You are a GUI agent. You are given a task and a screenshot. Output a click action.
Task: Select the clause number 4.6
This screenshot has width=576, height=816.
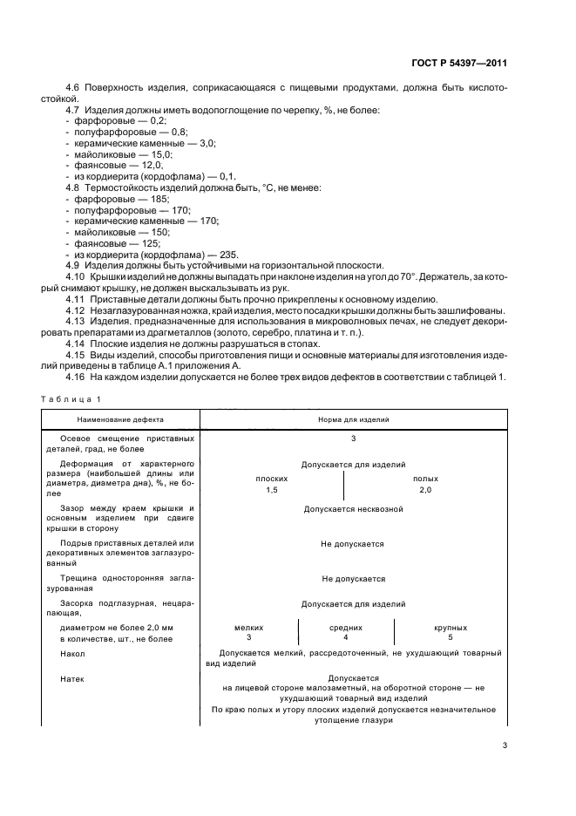point(74,89)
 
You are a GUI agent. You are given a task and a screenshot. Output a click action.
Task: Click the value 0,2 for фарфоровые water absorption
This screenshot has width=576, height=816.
point(159,120)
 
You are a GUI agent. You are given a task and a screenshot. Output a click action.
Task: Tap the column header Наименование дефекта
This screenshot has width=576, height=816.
point(117,419)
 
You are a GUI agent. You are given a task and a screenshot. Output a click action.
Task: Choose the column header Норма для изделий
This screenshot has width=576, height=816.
point(353,419)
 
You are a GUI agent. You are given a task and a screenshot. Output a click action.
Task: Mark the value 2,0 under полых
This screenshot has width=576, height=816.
point(425,491)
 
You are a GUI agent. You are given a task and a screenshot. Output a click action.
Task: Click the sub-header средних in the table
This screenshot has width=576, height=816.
point(346,628)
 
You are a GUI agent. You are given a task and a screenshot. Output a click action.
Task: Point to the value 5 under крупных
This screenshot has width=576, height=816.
point(450,638)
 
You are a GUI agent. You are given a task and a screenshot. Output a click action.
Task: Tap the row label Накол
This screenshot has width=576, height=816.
point(73,653)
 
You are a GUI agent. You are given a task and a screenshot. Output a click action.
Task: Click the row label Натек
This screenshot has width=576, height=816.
point(73,677)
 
